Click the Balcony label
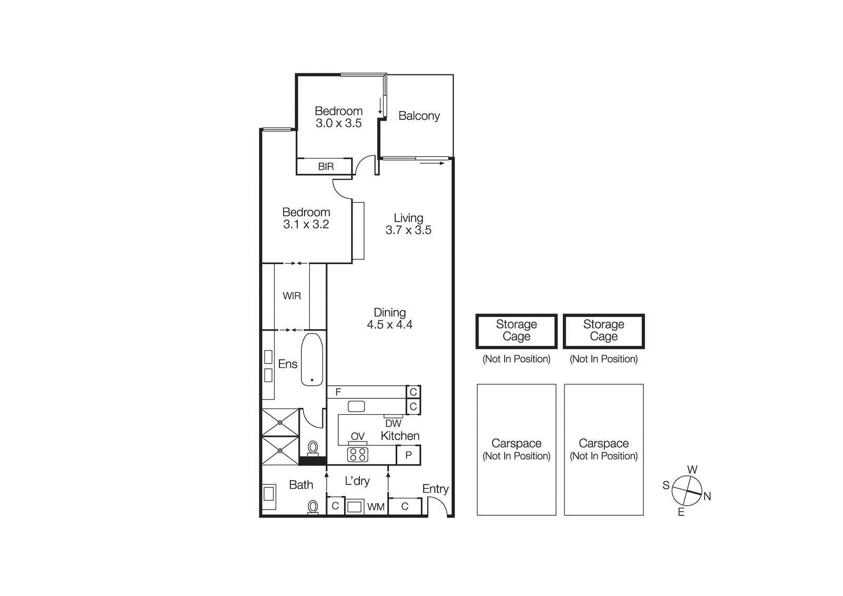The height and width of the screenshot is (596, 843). (419, 116)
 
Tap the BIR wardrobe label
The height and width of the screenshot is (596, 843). (326, 167)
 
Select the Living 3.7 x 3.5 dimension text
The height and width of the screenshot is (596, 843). (408, 230)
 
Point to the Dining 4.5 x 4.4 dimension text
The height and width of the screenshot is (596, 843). (389, 325)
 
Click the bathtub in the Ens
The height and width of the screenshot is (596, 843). (312, 359)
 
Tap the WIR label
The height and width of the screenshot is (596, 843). (292, 296)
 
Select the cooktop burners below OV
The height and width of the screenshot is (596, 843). (358, 454)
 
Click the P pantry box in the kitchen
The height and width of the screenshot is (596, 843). (408, 455)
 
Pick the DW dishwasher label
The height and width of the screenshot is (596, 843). (393, 424)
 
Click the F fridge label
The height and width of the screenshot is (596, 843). (338, 392)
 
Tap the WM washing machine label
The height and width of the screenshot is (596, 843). (376, 507)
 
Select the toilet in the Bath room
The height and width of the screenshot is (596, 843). (313, 507)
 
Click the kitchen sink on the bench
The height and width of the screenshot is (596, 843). (357, 406)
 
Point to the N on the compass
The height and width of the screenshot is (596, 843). (707, 496)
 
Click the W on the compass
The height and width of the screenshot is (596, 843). (692, 470)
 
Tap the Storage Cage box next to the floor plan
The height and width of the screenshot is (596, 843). (516, 331)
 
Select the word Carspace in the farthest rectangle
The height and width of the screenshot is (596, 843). (604, 444)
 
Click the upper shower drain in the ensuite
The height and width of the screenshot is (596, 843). (280, 423)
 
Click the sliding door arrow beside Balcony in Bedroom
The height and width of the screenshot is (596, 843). (380, 106)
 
